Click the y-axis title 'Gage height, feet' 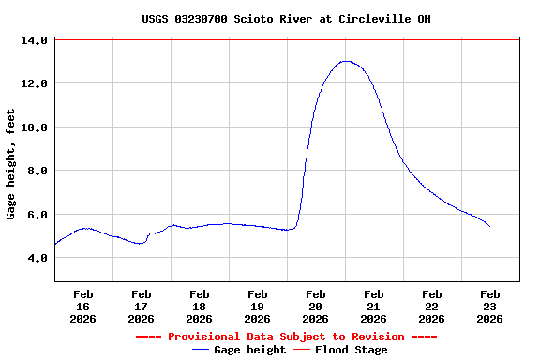click(11, 164)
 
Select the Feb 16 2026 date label click(82, 306)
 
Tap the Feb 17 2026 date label click(141, 306)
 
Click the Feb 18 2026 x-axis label click(199, 306)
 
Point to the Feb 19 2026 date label click(257, 306)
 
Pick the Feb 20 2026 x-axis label click(315, 306)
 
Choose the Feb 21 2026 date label click(373, 306)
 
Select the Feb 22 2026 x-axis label click(431, 306)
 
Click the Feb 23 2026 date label click(489, 306)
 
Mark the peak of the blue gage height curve click(347, 61)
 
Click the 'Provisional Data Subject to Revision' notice click(286, 337)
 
